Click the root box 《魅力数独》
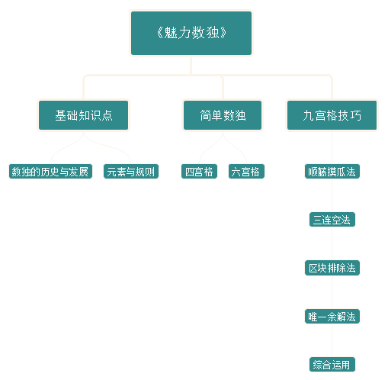pos(191,33)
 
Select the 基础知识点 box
pos(84,115)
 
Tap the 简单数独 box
pos(223,115)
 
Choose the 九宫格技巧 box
pos(332,115)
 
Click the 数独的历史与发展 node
pos(50,172)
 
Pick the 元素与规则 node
pos(131,172)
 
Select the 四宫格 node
pos(199,172)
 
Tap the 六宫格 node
pos(246,172)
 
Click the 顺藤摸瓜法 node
pos(332,172)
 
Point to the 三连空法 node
pos(332,220)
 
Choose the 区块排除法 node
pos(332,268)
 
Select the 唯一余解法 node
pos(332,317)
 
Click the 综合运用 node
pos(332,365)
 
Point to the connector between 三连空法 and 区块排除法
pos(332,243)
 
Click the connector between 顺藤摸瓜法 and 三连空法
pos(332,195)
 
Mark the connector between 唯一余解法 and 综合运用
pos(332,340)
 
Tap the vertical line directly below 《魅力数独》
pos(191,66)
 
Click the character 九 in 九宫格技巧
pos(308,115)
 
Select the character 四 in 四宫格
pos(190,172)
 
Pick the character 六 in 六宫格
pos(236,172)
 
